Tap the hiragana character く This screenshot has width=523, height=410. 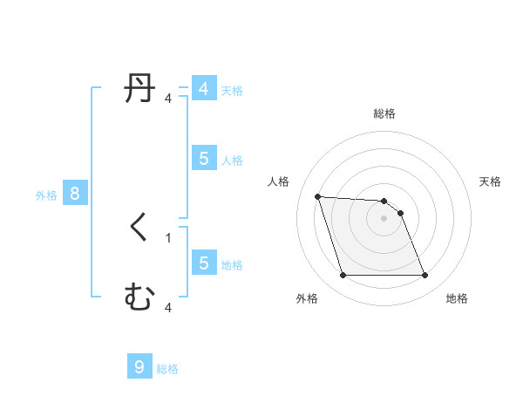[x=139, y=228]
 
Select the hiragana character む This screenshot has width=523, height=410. [x=139, y=297]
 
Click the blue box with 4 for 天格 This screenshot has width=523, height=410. [x=203, y=89]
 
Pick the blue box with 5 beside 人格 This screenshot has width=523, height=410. [x=203, y=158]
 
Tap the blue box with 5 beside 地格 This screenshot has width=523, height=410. [x=203, y=263]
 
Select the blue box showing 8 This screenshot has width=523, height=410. [x=75, y=194]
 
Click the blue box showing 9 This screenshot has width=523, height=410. [x=139, y=367]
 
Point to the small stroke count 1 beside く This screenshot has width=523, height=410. [x=168, y=237]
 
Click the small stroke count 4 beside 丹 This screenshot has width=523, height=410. [x=168, y=99]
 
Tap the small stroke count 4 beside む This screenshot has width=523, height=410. [x=168, y=307]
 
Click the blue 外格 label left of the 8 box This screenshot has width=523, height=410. [x=46, y=195]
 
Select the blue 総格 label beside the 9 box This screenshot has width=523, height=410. [x=167, y=369]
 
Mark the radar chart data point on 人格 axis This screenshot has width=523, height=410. [x=317, y=196]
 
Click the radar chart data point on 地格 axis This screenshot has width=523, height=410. [x=425, y=276]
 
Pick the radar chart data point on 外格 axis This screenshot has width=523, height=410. [x=343, y=276]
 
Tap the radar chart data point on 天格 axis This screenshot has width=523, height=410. [x=400, y=213]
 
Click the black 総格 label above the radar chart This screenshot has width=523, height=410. [x=384, y=113]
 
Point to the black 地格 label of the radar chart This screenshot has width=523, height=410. [x=457, y=298]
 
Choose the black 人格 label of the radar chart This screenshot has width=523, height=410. [x=279, y=181]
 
